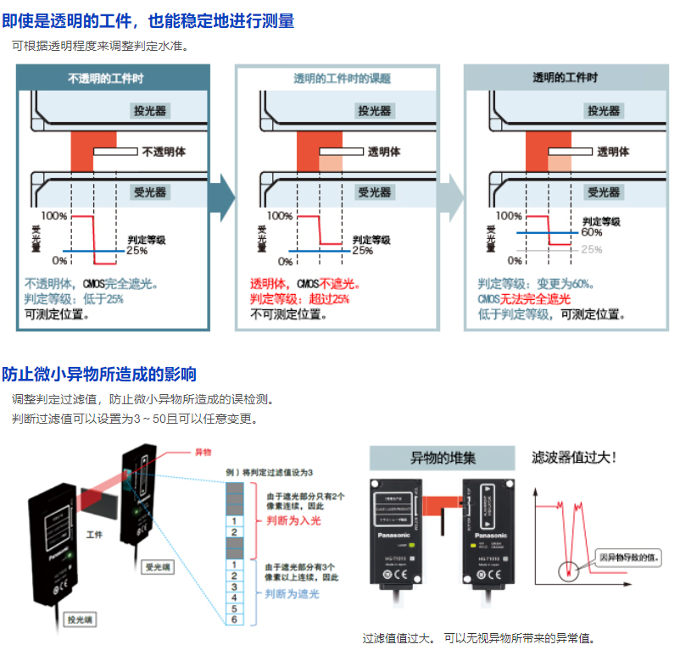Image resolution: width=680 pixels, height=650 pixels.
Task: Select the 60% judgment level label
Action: tap(591, 232)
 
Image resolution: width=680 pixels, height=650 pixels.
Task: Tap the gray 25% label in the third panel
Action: tap(591, 250)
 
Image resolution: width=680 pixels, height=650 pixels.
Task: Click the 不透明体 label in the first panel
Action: tap(163, 153)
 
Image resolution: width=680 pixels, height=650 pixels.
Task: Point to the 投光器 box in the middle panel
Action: tap(375, 111)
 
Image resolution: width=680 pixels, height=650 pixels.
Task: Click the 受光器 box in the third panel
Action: tap(604, 192)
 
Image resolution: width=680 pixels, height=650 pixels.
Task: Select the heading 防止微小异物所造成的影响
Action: tap(99, 374)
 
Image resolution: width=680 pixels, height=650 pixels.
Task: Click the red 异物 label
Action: tap(203, 453)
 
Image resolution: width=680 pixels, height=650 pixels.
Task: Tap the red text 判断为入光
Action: tap(293, 519)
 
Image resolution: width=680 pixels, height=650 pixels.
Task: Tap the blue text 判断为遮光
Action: tap(293, 594)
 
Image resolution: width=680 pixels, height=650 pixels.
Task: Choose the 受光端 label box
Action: tap(157, 567)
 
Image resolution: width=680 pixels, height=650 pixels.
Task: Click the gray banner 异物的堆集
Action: tap(443, 458)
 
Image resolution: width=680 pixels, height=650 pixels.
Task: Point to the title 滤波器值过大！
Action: tap(573, 458)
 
